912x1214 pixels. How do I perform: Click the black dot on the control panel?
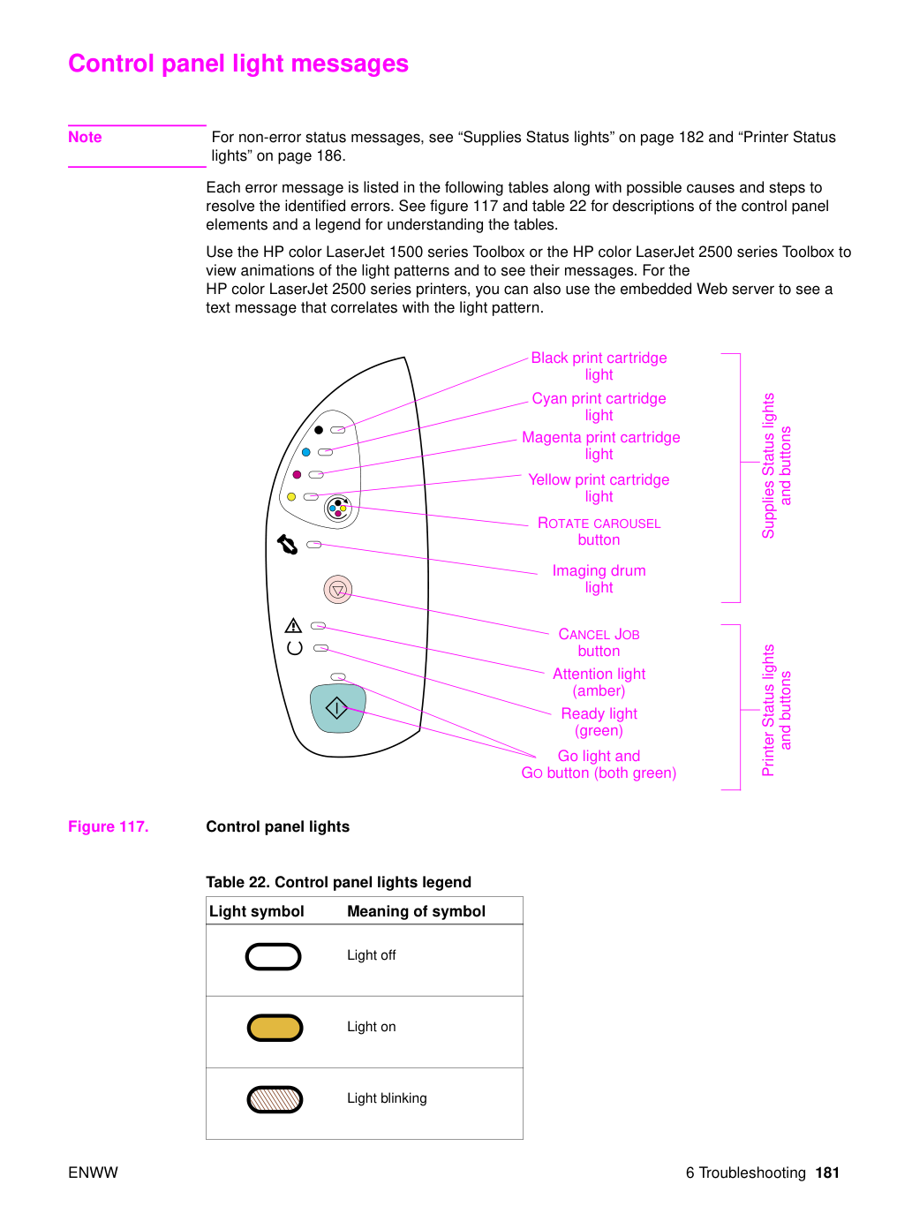(319, 430)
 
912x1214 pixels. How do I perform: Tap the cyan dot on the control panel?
(305, 452)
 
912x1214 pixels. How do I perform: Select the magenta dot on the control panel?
(297, 474)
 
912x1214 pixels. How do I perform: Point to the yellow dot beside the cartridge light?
(291, 497)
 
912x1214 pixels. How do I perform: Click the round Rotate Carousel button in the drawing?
(337, 509)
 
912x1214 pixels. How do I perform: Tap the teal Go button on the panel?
(337, 708)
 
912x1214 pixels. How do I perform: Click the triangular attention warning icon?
(293, 625)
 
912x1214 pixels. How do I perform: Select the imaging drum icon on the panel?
(288, 544)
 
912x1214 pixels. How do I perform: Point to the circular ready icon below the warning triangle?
(295, 648)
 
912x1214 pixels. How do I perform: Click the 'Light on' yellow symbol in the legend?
(275, 1028)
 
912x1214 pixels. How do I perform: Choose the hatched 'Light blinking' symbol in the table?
(275, 1099)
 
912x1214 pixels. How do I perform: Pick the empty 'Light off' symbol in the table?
(273, 956)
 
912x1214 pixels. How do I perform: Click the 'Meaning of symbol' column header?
(416, 911)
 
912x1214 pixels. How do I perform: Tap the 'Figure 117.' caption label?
(109, 826)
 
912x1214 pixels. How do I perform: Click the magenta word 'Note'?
(85, 137)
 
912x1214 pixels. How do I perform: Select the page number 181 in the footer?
(827, 1173)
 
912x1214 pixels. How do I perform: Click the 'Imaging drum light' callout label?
(599, 578)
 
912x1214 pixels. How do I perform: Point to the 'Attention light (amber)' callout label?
(599, 682)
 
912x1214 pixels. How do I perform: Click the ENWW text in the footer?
(93, 1173)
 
